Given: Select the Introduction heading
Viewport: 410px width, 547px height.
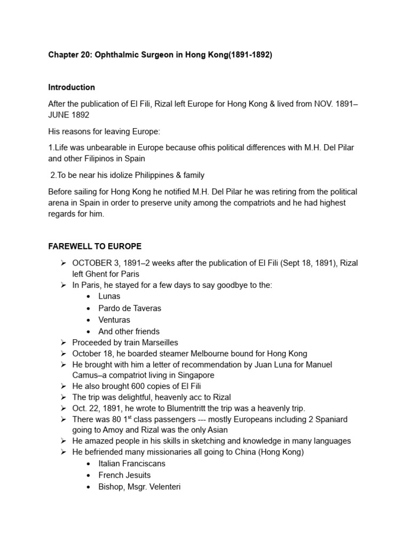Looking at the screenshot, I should (72, 87).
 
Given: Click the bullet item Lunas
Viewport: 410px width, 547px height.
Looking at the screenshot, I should (109, 296).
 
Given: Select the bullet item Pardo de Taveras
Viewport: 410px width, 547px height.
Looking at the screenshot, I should (130, 308).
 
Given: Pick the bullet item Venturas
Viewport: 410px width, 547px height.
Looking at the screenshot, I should (115, 320).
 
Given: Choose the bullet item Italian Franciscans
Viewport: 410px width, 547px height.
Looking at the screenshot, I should (132, 464).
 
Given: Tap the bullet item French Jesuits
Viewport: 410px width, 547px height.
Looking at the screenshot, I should (124, 475).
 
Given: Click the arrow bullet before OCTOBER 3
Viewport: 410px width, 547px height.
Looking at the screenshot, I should (62, 263).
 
